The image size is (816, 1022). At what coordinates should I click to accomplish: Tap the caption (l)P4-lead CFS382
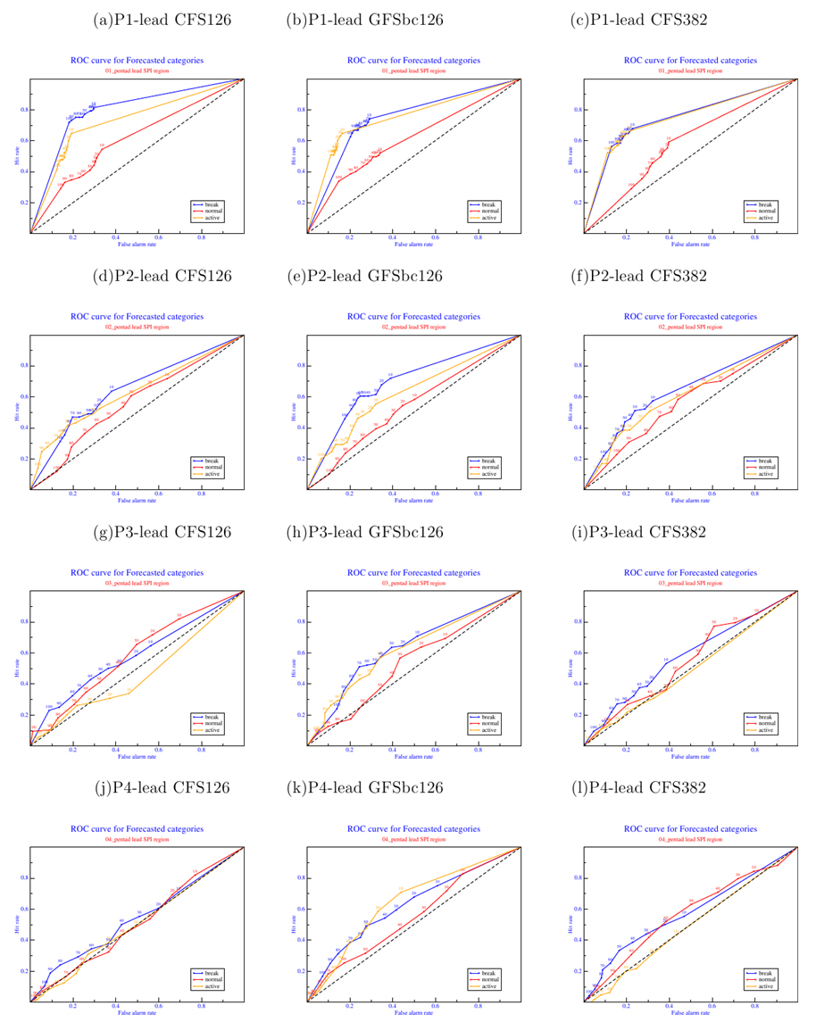[x=638, y=787]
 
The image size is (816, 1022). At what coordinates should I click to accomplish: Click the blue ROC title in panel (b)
[x=413, y=61]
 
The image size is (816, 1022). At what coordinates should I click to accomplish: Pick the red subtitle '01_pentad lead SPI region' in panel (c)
[x=690, y=70]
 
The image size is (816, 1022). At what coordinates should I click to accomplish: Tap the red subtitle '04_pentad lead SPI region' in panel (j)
[x=137, y=840]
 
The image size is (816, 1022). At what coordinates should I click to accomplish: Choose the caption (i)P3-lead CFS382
[x=638, y=533]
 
